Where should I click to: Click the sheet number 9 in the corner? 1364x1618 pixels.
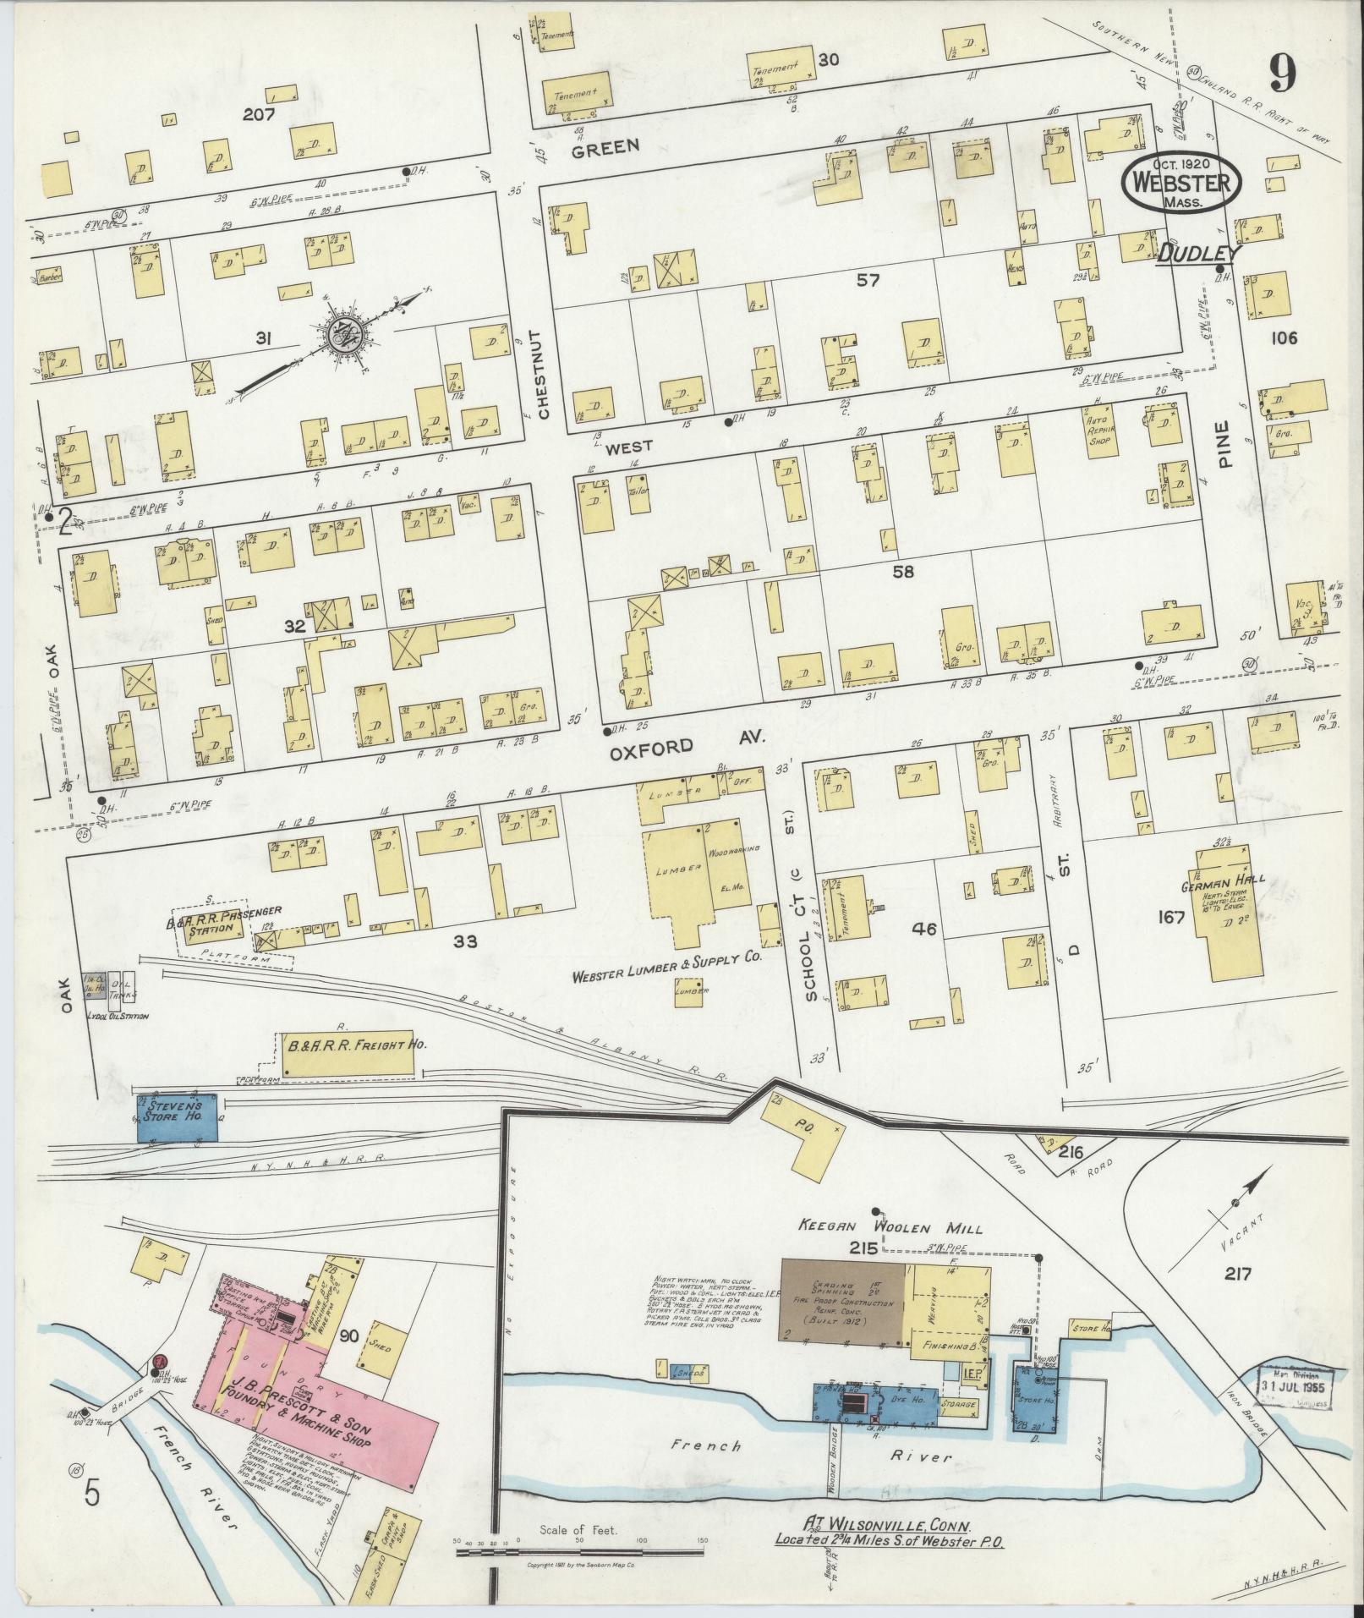(1281, 77)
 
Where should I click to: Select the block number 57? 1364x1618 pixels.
(868, 280)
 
